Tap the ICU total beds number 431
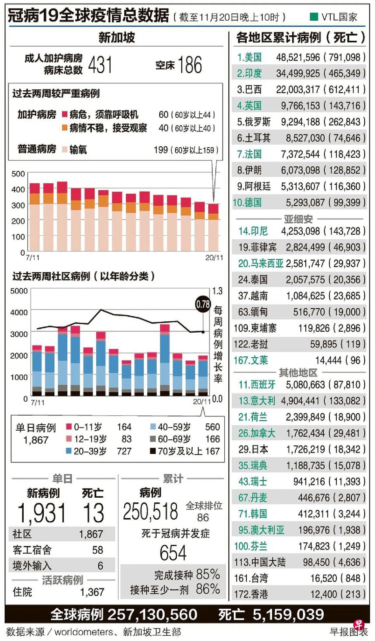[100, 64]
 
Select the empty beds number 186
[190, 64]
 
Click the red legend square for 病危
[65, 114]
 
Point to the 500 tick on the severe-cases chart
[18, 174]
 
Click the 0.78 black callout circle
[203, 304]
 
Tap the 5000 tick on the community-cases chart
[19, 291]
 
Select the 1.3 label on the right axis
[217, 291]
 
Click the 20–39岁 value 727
[124, 451]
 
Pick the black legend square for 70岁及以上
[153, 451]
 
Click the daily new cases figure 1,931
[41, 513]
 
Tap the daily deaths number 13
[94, 513]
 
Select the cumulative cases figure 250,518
[150, 511]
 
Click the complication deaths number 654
[173, 553]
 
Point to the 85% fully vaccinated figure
[208, 574]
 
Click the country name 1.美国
[249, 57]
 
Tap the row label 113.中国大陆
[260, 562]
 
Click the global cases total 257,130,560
[152, 614]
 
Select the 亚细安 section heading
[298, 219]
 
